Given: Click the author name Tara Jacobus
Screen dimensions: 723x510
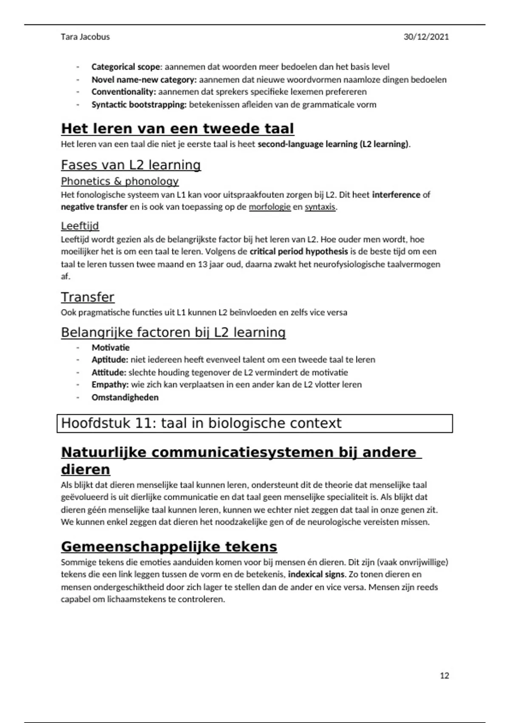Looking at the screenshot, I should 85,37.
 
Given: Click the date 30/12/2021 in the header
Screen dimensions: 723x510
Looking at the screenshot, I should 426,37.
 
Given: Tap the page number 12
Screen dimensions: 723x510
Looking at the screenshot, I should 444,675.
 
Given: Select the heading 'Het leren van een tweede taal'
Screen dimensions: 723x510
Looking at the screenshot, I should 177,128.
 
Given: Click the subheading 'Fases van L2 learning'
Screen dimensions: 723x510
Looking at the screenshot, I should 130,165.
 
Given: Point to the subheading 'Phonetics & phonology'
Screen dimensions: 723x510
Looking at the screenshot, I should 119,181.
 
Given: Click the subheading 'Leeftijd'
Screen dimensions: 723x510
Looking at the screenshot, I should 80,226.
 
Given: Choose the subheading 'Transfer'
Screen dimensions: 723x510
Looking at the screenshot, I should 88,297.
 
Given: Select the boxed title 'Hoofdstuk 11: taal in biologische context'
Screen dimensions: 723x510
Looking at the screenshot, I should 201,423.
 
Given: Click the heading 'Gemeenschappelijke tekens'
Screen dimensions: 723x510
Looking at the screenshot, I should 169,547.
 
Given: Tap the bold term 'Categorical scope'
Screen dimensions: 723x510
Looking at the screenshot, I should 126,67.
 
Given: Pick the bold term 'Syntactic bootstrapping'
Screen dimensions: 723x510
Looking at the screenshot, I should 139,105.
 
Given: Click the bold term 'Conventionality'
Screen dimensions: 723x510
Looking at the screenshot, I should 123,92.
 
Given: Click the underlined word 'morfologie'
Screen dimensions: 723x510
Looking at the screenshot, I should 269,207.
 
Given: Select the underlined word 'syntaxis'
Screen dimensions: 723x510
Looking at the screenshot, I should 320,207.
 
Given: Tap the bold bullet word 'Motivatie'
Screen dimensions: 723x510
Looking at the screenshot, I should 110,347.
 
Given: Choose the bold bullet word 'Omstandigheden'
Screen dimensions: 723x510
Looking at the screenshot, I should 125,397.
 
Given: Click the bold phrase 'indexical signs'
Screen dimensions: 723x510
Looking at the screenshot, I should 316,575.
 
